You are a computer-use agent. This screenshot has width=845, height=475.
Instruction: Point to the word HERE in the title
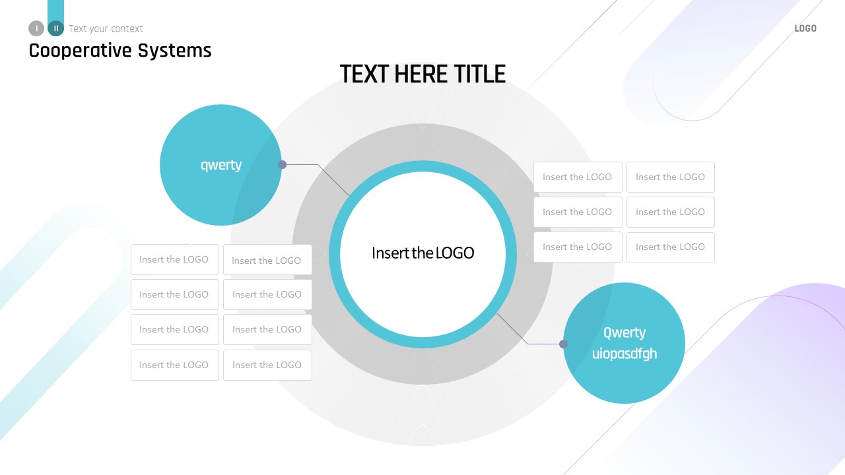point(413,74)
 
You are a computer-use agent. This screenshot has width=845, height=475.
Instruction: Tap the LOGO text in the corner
point(805,28)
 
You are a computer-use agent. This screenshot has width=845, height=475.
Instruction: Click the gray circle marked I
point(36,28)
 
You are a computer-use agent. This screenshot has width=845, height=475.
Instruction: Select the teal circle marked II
point(56,28)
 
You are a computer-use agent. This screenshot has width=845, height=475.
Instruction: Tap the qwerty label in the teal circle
point(221,165)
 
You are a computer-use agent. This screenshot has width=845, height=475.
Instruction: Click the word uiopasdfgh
point(625,354)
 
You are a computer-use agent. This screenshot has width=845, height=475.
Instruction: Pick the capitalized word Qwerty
point(625,332)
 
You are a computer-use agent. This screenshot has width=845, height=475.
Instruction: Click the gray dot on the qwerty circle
point(282,165)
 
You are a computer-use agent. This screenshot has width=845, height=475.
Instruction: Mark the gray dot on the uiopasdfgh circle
point(563,344)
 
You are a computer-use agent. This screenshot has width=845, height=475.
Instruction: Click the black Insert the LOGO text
point(422,253)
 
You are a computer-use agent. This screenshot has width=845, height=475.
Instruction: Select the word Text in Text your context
point(78,29)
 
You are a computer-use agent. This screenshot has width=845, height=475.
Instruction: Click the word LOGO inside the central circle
point(454,253)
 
